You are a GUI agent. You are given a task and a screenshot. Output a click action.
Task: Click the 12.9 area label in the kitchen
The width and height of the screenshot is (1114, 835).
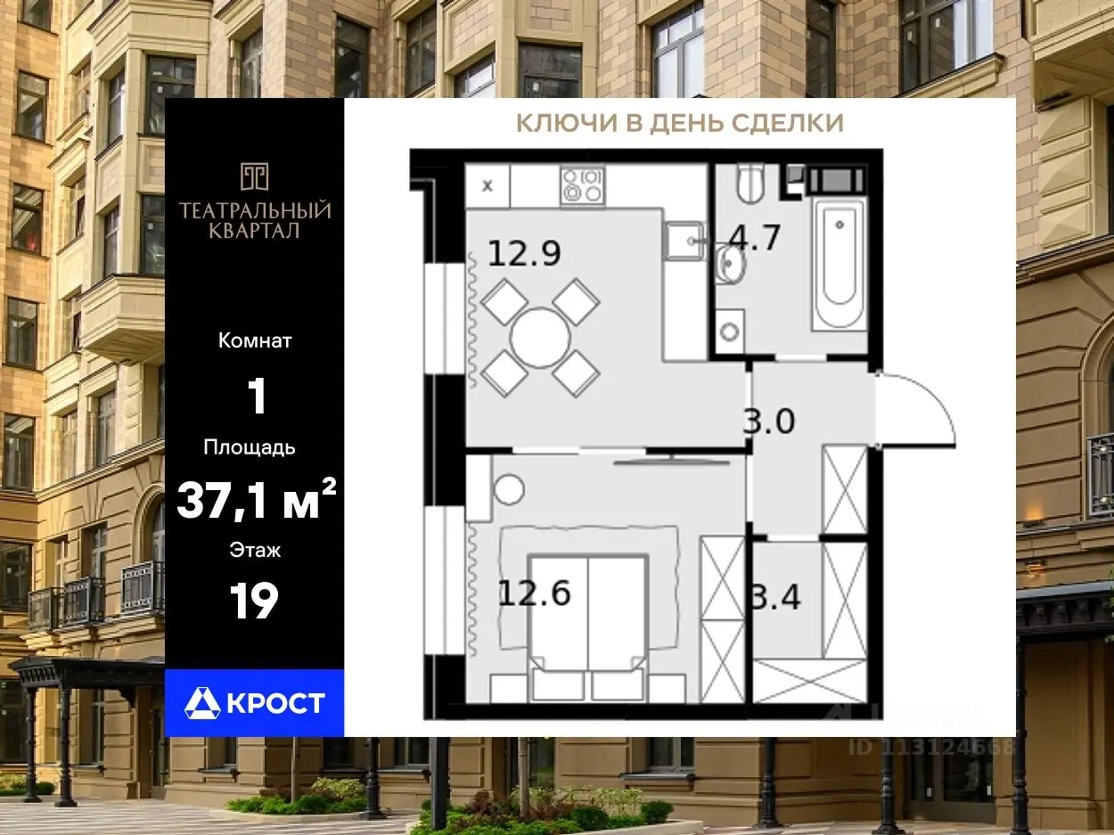tap(524, 254)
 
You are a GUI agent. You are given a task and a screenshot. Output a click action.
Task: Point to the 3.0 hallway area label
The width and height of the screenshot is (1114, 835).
tap(769, 421)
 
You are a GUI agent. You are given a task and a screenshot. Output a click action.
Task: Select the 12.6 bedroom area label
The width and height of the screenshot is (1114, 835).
tap(534, 593)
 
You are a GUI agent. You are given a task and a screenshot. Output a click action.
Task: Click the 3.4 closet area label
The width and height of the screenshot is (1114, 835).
tap(775, 597)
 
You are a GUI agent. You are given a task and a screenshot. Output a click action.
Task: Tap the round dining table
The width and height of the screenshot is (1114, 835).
tap(540, 338)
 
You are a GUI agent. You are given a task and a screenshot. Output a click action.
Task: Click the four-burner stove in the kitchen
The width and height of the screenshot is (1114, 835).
tap(583, 185)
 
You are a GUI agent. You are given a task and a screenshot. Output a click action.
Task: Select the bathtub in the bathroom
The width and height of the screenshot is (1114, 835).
tap(840, 265)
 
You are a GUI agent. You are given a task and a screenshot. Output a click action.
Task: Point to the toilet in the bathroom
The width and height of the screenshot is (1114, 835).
tap(750, 184)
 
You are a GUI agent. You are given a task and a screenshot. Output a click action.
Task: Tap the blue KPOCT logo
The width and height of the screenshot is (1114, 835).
tap(254, 703)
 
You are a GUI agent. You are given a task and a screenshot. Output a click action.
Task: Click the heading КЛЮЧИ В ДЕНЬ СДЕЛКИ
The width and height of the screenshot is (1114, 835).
tap(680, 123)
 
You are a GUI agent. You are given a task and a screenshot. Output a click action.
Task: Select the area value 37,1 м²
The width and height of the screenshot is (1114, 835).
tap(257, 500)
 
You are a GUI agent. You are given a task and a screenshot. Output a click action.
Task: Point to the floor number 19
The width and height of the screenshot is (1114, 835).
tap(254, 601)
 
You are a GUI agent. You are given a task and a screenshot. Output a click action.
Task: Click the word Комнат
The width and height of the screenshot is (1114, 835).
tap(255, 341)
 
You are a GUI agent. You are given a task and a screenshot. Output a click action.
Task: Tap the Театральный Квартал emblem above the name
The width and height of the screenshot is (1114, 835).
tap(254, 176)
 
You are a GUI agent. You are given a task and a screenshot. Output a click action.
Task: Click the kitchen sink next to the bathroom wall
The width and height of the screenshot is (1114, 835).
tap(684, 241)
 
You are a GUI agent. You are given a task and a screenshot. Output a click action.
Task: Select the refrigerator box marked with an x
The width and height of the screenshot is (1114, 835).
tap(487, 185)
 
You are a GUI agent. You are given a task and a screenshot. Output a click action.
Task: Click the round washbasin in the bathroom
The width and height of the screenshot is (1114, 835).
tap(730, 263)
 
